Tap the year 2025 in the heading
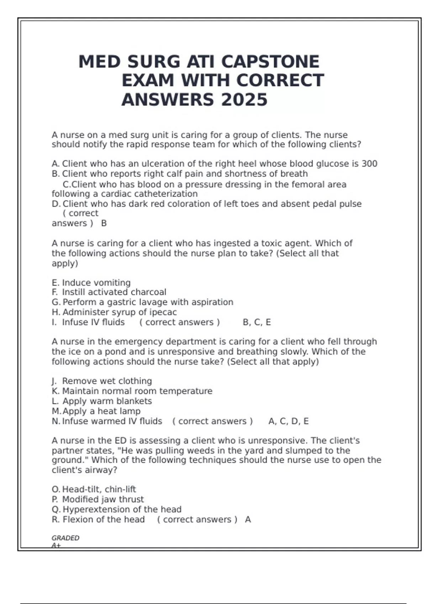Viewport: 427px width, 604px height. [244, 99]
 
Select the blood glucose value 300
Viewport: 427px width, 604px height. [369, 164]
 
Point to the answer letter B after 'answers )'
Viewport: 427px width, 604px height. [104, 223]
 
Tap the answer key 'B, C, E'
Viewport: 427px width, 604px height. [257, 322]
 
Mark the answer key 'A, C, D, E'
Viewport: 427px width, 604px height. [288, 421]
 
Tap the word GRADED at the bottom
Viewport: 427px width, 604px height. [65, 538]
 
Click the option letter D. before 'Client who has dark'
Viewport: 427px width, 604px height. [56, 204]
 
